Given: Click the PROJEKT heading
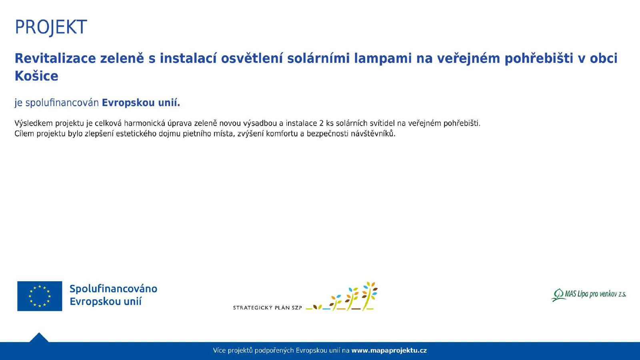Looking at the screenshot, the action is [x=50, y=28].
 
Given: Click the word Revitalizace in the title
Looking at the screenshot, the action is [x=55, y=58].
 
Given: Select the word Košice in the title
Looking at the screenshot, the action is [x=36, y=76].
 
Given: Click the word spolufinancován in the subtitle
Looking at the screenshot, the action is [x=62, y=103].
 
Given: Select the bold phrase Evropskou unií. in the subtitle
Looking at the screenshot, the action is [x=141, y=102].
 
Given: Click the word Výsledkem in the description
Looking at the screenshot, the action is [x=34, y=123].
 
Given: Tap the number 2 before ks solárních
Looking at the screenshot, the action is [x=321, y=124].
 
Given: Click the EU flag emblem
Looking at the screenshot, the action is [x=40, y=296].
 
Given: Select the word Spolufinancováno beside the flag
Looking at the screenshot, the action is [x=114, y=289].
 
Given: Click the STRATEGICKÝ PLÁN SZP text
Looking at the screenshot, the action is [x=268, y=308].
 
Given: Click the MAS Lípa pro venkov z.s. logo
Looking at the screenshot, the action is [x=588, y=295].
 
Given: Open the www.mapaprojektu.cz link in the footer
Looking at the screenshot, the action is [x=389, y=350].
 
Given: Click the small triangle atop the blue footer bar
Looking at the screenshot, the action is [x=39, y=338].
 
